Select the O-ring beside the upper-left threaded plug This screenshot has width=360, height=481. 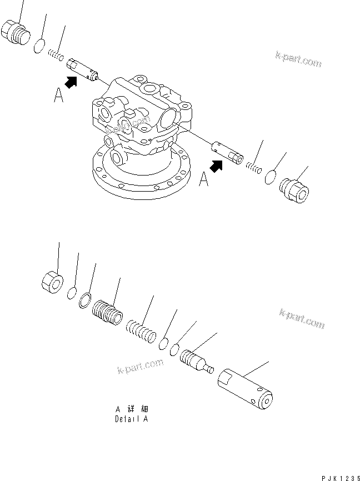click(x=38, y=47)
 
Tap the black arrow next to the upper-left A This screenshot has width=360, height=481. click(x=71, y=83)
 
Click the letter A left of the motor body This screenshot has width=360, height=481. click(x=59, y=96)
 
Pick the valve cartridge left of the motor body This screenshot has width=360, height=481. click(x=82, y=71)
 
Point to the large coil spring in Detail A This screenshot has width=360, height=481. click(x=142, y=332)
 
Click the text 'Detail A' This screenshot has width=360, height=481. click(x=131, y=419)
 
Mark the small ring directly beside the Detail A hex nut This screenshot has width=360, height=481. click(x=72, y=292)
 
